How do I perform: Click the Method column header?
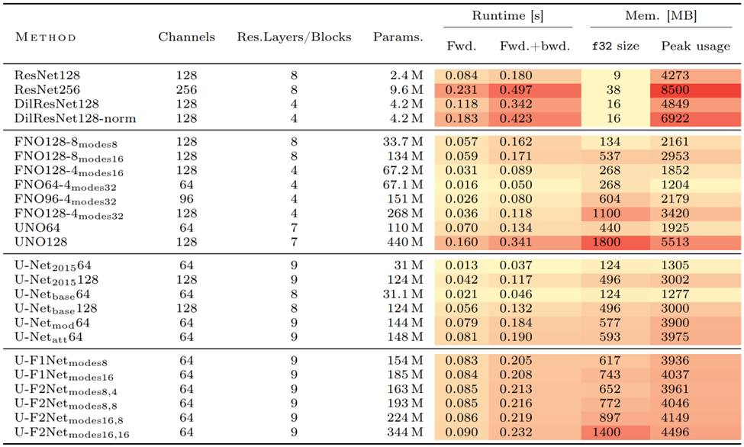[46, 37]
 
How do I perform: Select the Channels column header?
[186, 37]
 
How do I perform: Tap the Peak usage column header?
[695, 47]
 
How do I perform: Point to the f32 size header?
[616, 47]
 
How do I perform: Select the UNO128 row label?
[41, 242]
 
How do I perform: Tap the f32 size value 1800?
[616, 242]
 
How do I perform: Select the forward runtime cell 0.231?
[462, 89]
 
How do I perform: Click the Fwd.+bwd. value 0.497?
[516, 89]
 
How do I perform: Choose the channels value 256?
[186, 89]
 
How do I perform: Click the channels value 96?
[186, 200]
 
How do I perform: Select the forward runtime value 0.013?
[462, 265]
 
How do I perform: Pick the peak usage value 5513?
[676, 242]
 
